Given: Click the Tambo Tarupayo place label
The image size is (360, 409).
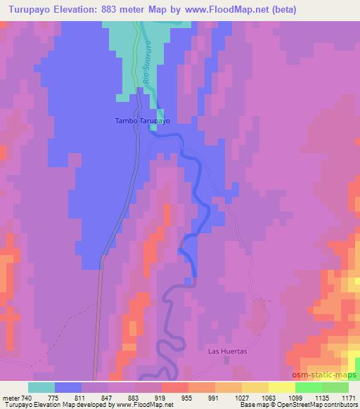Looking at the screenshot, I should [142, 120].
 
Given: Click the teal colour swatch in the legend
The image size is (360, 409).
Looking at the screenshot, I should [41, 387].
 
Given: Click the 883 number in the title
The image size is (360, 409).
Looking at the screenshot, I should [113, 9].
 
